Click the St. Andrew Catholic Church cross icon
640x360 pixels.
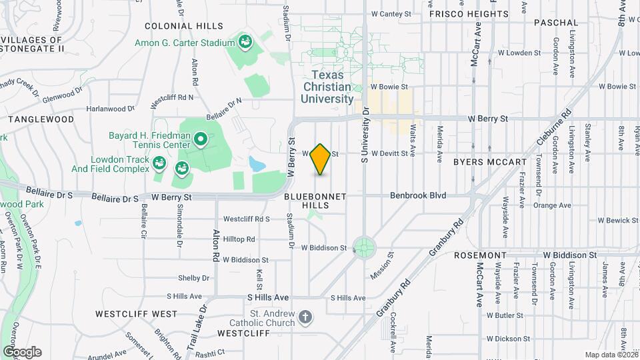click(305, 318)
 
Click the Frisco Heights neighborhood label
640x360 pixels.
click(468, 13)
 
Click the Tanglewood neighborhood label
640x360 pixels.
click(41, 119)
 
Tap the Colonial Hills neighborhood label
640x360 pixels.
click(184, 26)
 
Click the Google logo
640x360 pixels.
click(22, 352)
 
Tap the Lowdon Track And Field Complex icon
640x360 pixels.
click(159, 163)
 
